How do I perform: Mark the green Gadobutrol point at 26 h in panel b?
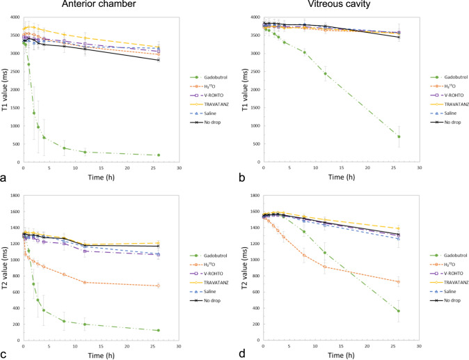click(x=399, y=136)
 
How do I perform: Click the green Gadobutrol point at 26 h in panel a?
click(x=159, y=155)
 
